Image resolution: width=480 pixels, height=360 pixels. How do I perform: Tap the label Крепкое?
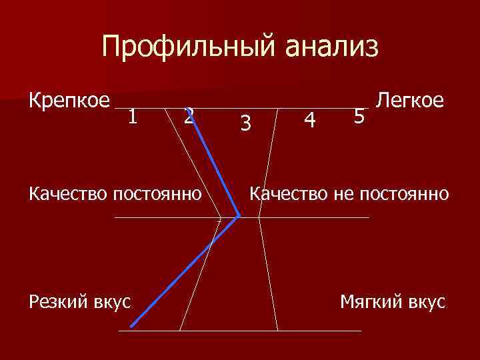(x=69, y=101)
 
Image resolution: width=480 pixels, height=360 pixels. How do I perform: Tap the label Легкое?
(x=410, y=101)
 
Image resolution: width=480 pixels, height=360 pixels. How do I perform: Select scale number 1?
(x=133, y=117)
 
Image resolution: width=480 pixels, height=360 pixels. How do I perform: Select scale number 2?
(x=189, y=117)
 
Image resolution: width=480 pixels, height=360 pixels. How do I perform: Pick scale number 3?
(x=246, y=122)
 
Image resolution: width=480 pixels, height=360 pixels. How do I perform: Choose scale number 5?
(x=359, y=117)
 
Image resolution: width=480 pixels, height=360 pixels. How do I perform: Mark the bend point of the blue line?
(x=239, y=216)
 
